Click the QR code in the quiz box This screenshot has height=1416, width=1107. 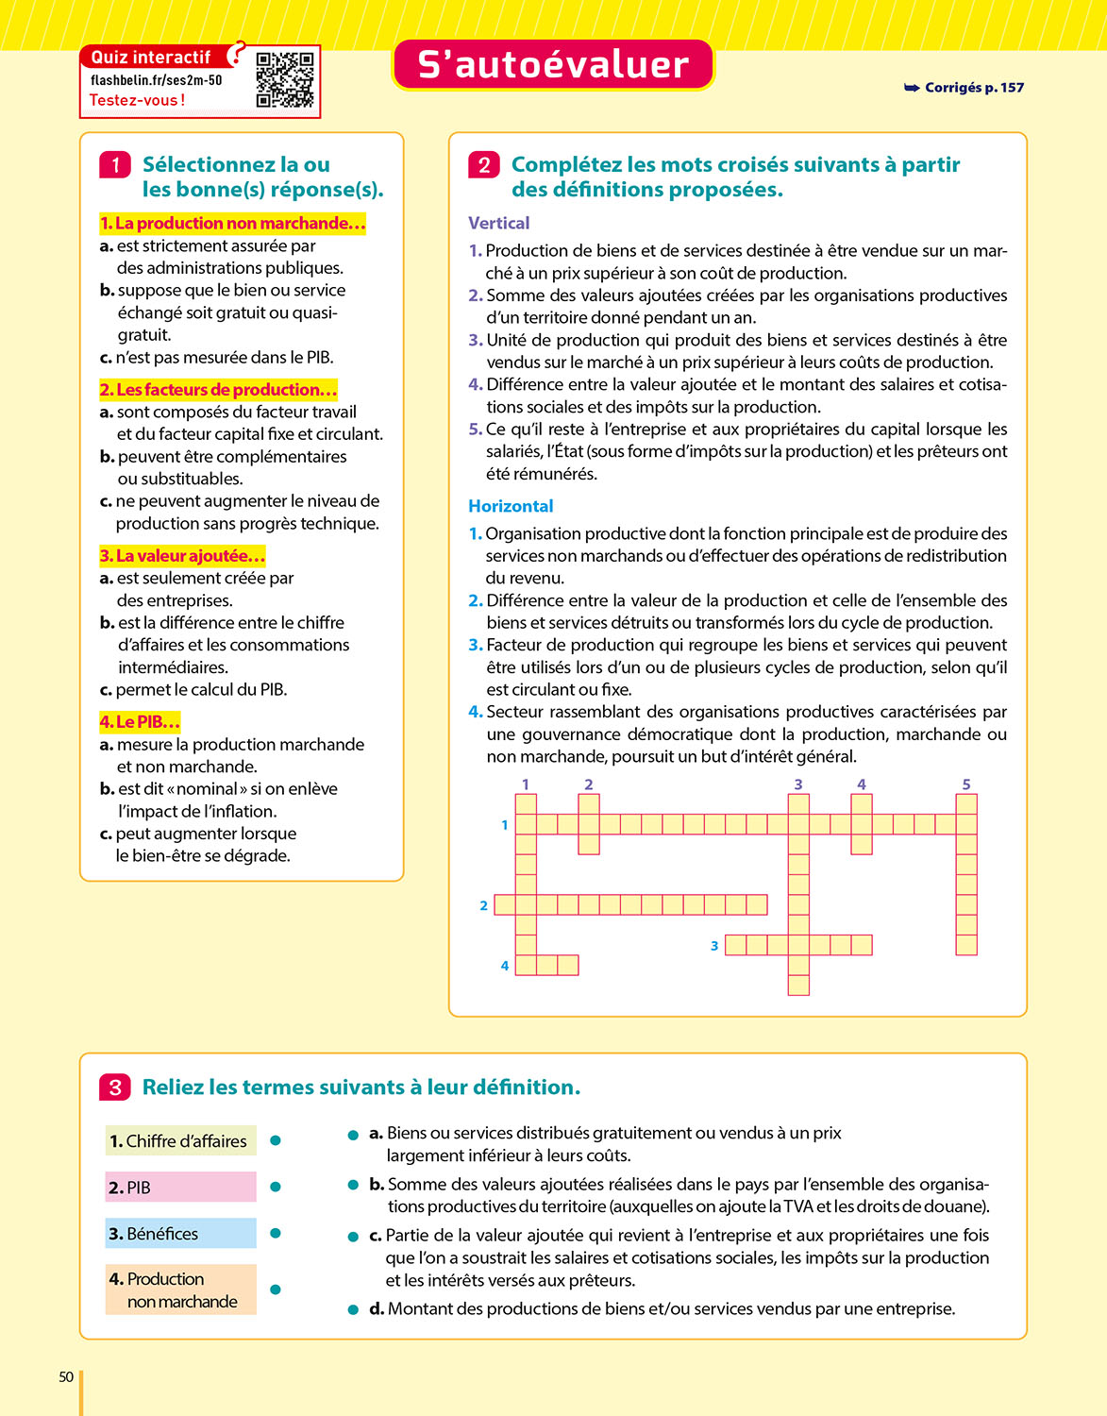pyautogui.click(x=284, y=80)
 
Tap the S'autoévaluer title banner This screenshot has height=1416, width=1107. pyautogui.click(x=553, y=65)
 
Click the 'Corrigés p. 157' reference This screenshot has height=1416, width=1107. pyautogui.click(x=964, y=88)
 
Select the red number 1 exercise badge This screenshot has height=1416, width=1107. pyautogui.click(x=115, y=165)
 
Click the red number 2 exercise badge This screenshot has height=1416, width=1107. pyautogui.click(x=484, y=165)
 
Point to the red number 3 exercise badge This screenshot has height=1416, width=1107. pyautogui.click(x=115, y=1087)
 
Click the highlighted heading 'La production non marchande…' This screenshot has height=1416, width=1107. pyautogui.click(x=232, y=224)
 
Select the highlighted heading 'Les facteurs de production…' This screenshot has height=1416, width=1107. pyautogui.click(x=218, y=390)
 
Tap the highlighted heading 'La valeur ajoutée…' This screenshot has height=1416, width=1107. pyautogui.click(x=182, y=556)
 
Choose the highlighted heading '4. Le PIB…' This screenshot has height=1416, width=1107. pyautogui.click(x=140, y=722)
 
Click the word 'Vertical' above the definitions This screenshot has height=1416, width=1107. pyautogui.click(x=499, y=224)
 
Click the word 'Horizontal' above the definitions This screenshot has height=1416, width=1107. pyautogui.click(x=511, y=506)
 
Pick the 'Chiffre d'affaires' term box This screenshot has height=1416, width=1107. pyautogui.click(x=180, y=1141)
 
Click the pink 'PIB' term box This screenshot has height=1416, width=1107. pyautogui.click(x=180, y=1188)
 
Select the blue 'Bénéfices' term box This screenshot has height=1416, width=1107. pyautogui.click(x=180, y=1234)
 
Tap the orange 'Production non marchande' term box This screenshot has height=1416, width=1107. pyautogui.click(x=180, y=1290)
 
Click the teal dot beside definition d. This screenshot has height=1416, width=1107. pyautogui.click(x=354, y=1310)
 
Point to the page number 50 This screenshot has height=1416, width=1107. pyautogui.click(x=66, y=1377)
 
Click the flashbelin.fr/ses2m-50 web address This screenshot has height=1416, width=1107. pyautogui.click(x=157, y=80)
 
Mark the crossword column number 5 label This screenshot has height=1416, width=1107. pyautogui.click(x=966, y=784)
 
